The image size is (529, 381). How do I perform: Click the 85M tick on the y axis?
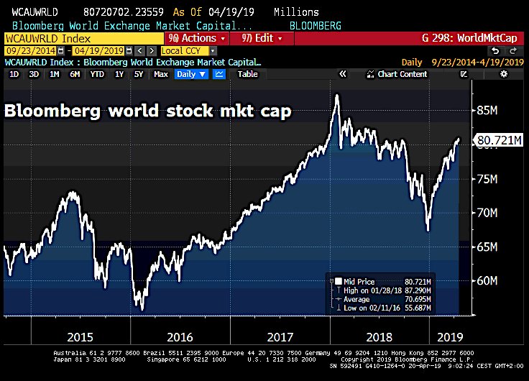tap(487, 110)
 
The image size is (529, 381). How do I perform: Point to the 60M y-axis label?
tap(487, 280)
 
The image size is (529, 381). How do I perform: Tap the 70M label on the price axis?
tap(487, 213)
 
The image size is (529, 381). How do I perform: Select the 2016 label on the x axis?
tap(179, 336)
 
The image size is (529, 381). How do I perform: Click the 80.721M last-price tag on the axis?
tap(499, 141)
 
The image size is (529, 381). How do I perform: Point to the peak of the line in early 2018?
tap(336, 95)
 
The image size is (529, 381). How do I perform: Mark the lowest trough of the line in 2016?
tap(142, 310)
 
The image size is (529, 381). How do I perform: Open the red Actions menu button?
tap(196, 38)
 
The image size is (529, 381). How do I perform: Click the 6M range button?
tap(75, 74)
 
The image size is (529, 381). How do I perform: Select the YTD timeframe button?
tap(97, 74)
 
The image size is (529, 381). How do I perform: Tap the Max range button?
tap(161, 74)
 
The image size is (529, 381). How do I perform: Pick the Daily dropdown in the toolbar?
tap(191, 74)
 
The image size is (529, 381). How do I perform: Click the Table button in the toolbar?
tap(248, 74)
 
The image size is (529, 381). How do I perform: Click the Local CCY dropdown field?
tap(189, 51)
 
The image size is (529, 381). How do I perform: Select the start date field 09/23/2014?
tap(29, 51)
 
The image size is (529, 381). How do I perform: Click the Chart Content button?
tap(397, 74)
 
